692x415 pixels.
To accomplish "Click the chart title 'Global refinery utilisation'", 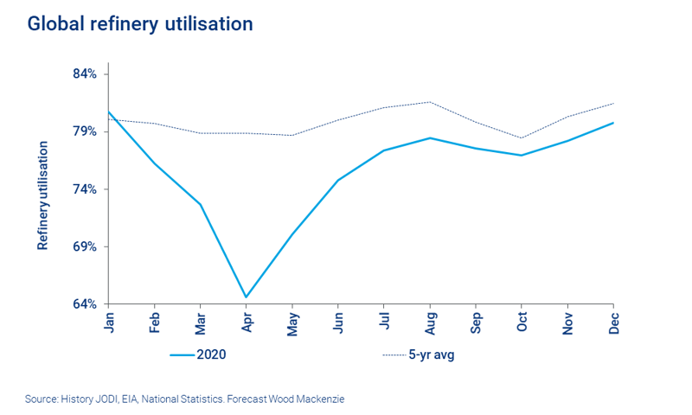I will pos(140,24).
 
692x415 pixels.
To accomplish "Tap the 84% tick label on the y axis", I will pos(84,74).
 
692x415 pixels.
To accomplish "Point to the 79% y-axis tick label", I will pos(84,131).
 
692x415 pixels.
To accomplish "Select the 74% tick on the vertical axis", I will pos(84,189).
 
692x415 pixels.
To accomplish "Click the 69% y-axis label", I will pos(84,247).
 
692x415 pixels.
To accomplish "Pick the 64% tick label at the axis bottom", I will pos(84,304).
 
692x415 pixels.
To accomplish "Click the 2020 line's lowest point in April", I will pos(247,297).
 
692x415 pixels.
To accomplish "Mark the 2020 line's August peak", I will pos(430,137).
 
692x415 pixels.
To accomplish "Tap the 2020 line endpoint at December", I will pos(613,123).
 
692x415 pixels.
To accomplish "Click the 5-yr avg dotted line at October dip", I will pos(522,137).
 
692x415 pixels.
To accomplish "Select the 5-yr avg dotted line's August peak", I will pos(430,102).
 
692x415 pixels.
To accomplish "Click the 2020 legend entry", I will pos(199,354).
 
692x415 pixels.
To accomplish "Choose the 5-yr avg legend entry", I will pos(418,354).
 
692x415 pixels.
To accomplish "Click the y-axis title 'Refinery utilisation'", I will pos(42,195).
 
